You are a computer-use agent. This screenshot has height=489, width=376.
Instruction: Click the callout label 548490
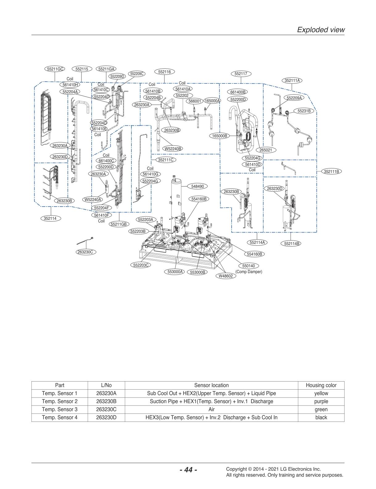coord(197,186)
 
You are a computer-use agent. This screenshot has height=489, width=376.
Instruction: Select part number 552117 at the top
coord(241,74)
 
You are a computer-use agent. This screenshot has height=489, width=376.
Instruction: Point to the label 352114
coord(50,218)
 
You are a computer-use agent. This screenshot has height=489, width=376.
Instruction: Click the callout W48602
coord(226,276)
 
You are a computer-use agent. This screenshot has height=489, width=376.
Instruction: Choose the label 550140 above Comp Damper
coord(248,266)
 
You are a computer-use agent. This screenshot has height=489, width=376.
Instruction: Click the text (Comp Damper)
coord(249,272)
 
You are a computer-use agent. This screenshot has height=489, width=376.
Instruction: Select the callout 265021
coord(266,150)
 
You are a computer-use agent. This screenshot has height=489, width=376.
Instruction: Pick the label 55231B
coord(304,111)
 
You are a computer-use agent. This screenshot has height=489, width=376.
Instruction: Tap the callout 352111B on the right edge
coord(332,171)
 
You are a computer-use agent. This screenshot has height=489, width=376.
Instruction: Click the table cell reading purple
coord(321,401)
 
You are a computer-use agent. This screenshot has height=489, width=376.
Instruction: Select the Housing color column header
coord(321,385)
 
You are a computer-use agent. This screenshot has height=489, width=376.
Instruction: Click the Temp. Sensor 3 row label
coord(60,409)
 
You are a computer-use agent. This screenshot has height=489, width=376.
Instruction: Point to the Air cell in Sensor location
coord(211,409)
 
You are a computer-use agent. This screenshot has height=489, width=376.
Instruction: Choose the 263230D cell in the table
coord(106,417)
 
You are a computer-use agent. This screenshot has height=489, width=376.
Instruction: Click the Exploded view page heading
coord(320,30)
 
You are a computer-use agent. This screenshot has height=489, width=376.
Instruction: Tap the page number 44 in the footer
coord(188,470)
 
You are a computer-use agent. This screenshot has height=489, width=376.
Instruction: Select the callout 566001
coord(195,101)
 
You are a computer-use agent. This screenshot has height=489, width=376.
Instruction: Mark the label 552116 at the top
coord(164,72)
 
